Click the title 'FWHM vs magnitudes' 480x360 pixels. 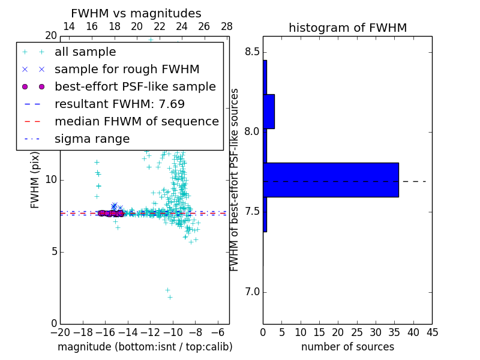point(136,14)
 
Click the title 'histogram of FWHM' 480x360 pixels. point(347,28)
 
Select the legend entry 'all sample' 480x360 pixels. point(85,52)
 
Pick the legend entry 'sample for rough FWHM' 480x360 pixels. point(127,70)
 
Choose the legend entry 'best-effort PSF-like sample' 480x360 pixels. point(135,87)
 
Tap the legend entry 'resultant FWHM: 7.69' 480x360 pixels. point(119,104)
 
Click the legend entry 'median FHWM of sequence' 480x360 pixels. point(136,122)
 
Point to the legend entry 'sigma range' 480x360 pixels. point(92,139)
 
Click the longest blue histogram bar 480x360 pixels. point(331,180)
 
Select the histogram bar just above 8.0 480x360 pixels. point(269,112)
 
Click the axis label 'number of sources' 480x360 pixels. point(347,347)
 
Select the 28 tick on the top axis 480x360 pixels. point(226,26)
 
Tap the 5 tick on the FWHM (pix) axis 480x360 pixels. point(53,252)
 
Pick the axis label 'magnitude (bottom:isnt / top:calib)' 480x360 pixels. point(145,347)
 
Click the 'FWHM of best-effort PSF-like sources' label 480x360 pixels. point(235,180)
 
